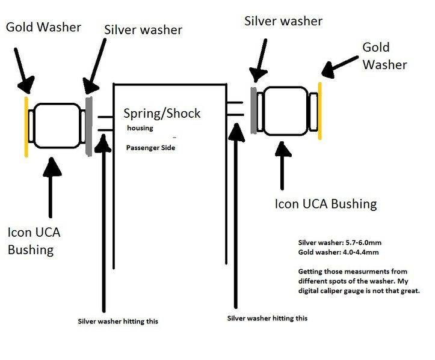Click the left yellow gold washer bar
pyautogui.click(x=26, y=127)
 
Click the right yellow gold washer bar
pyautogui.click(x=320, y=111)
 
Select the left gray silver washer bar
pyautogui.click(x=89, y=126)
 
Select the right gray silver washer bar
pyautogui.click(x=253, y=111)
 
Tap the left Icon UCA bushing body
pyautogui.click(x=58, y=126)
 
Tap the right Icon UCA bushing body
pyautogui.click(x=286, y=111)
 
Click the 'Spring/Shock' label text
pyautogui.click(x=162, y=114)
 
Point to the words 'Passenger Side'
pyautogui.click(x=150, y=148)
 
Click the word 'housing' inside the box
pyautogui.click(x=140, y=128)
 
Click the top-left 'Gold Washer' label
pyautogui.click(x=43, y=27)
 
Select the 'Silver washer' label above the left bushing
pyautogui.click(x=143, y=30)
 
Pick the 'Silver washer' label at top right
pyautogui.click(x=283, y=21)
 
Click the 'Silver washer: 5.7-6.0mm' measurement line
pyautogui.click(x=340, y=242)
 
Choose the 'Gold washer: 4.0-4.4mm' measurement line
pyautogui.click(x=339, y=252)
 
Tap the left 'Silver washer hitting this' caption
pyautogui.click(x=118, y=321)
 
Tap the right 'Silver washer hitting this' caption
pyautogui.click(x=267, y=318)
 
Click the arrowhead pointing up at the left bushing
pyautogui.click(x=52, y=167)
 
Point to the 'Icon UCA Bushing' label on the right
pyautogui.click(x=325, y=204)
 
